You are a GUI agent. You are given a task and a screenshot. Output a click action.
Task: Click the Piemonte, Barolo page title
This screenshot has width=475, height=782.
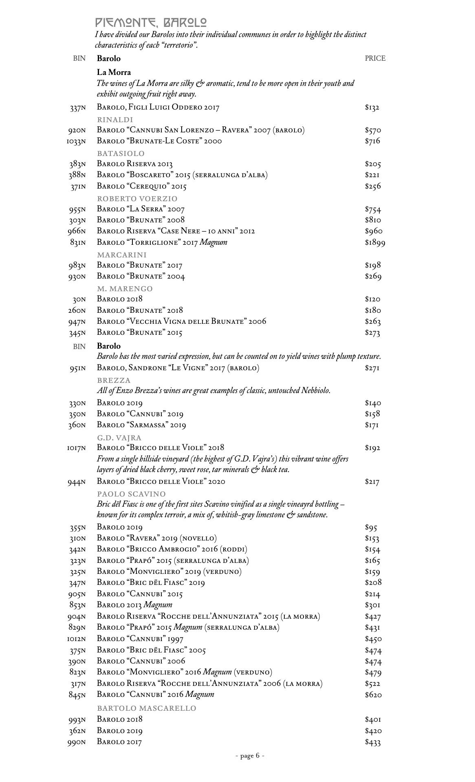coord(151,22)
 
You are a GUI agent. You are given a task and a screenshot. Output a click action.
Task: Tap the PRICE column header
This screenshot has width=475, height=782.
coord(375,59)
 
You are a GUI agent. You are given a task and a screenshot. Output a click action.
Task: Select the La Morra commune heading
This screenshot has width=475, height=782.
coord(114,72)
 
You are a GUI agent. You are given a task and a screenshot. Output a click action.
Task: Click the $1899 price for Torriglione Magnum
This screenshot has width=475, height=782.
coord(375,243)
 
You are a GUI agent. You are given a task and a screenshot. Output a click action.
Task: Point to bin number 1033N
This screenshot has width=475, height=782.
coord(76,141)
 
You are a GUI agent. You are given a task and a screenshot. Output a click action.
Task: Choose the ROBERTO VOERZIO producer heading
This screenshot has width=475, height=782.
coord(137,199)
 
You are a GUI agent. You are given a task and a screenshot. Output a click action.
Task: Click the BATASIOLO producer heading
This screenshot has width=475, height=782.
coord(121,154)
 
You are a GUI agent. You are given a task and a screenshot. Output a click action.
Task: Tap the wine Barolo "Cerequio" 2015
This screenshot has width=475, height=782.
coord(141,187)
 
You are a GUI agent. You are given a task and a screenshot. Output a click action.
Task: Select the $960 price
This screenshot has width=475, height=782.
coord(374,231)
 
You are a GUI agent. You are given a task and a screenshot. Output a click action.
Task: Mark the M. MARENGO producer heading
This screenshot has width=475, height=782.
coord(125,289)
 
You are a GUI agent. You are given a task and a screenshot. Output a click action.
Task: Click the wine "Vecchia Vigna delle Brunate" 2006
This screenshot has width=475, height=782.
coord(181,321)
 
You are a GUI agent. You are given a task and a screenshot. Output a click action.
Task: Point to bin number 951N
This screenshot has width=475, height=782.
coord(77,368)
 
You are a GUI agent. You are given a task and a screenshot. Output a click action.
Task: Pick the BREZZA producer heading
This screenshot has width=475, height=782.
coord(114,380)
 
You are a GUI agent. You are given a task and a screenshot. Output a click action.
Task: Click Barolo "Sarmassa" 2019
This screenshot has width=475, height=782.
coord(141,425)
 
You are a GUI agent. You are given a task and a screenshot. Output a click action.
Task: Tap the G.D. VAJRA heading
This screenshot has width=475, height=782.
coord(119,438)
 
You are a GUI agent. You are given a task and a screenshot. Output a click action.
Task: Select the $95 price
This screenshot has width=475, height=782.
coord(371,528)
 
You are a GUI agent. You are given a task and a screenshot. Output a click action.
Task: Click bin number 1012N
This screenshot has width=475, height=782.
coord(76,639)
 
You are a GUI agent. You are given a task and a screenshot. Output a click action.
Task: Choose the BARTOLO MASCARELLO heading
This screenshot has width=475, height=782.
coord(146,708)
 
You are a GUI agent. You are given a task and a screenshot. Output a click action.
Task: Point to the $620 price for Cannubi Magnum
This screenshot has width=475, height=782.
coord(373,695)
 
